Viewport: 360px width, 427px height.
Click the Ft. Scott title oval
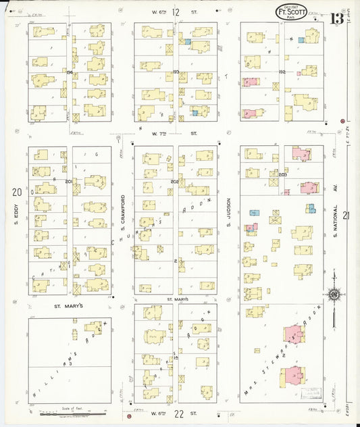pyautogui.click(x=292, y=11)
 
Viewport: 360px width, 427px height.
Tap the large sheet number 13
pyautogui.click(x=336, y=18)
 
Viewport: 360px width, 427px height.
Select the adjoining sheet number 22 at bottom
pyautogui.click(x=178, y=413)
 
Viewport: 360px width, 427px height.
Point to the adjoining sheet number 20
pyautogui.click(x=16, y=193)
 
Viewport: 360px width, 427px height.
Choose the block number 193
pyautogui.click(x=176, y=71)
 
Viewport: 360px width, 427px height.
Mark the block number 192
pyautogui.click(x=282, y=71)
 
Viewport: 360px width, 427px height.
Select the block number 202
pyautogui.click(x=174, y=182)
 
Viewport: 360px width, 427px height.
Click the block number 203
pyautogui.click(x=282, y=175)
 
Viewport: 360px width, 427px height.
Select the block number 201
pyautogui.click(x=69, y=182)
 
